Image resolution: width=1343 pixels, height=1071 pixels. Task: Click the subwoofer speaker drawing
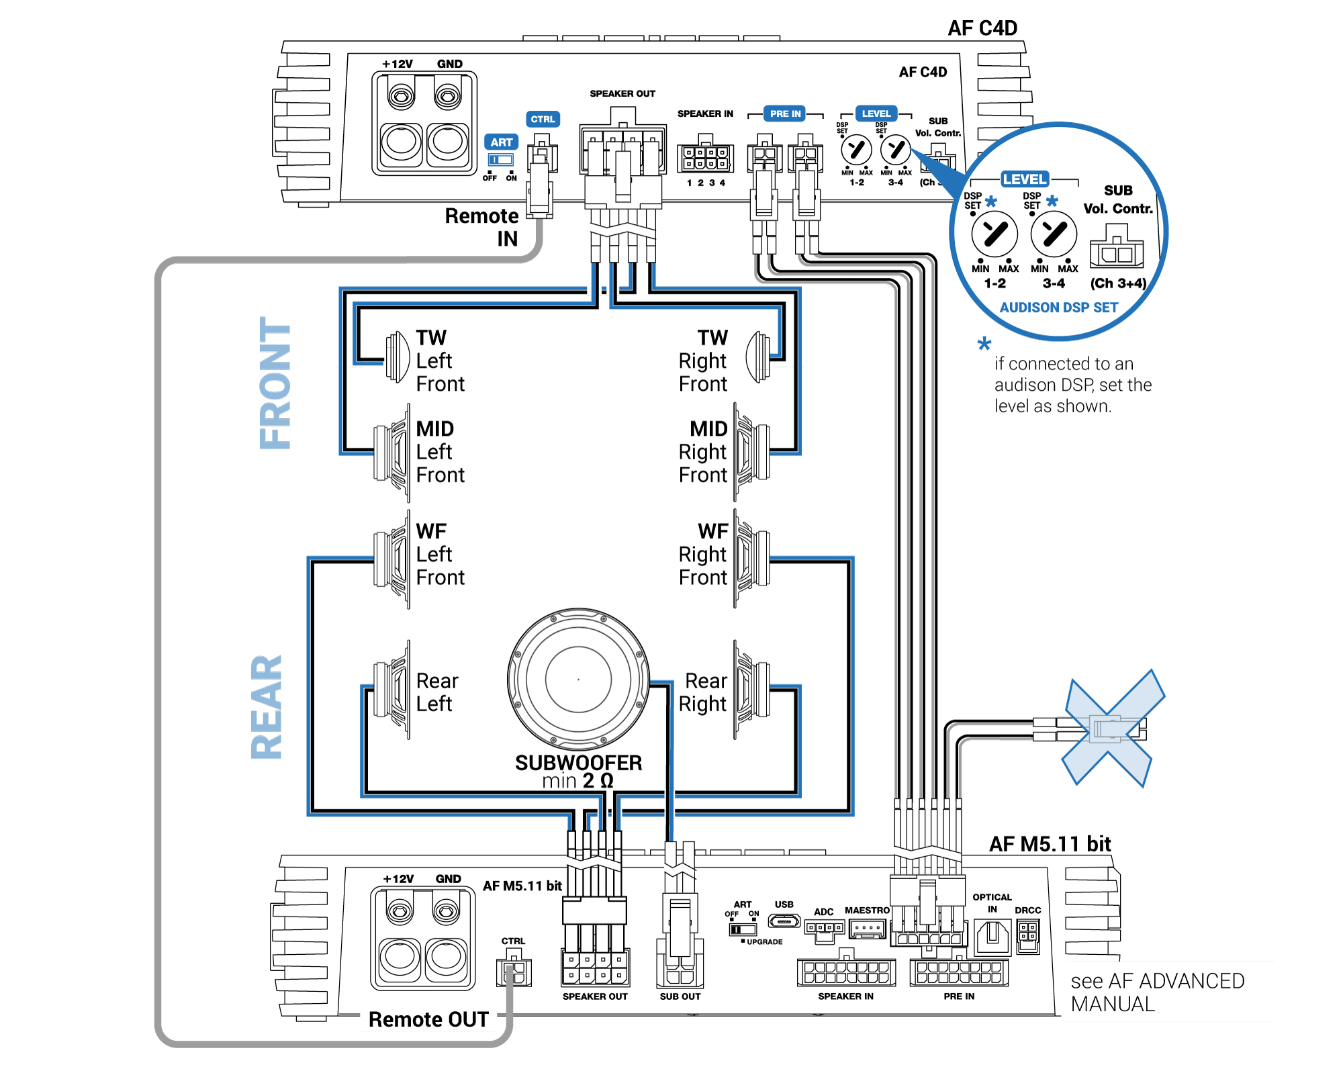(578, 679)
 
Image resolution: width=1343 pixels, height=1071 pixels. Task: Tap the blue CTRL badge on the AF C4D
(543, 120)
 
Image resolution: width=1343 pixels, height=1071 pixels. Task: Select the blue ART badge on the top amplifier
(501, 142)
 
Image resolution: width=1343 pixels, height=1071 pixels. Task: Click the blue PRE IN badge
(785, 113)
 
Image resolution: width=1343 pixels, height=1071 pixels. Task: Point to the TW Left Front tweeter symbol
(398, 357)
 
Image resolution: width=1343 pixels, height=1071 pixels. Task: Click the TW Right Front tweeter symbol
(759, 357)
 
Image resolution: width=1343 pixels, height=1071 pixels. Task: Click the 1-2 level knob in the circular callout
(994, 234)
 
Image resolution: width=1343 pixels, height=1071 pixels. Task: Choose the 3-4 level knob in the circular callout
(1054, 234)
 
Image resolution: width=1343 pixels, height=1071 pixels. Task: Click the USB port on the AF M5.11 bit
(784, 921)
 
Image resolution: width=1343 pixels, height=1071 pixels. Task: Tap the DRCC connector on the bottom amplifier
(1027, 936)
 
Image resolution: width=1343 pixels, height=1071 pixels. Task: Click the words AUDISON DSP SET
(1058, 308)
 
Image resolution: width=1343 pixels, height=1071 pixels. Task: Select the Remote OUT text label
(428, 1019)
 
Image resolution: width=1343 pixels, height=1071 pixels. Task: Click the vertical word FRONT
(275, 383)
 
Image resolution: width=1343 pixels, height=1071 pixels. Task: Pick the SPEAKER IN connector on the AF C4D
(704, 158)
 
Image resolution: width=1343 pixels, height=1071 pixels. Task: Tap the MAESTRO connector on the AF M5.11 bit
(867, 929)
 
